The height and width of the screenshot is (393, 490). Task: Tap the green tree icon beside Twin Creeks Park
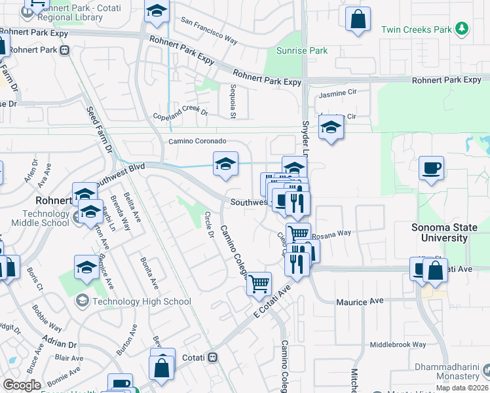[x=462, y=28]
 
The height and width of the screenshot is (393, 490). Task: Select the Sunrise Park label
[x=292, y=50]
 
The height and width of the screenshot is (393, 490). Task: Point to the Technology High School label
[x=141, y=302]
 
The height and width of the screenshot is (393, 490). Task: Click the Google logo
[x=22, y=385]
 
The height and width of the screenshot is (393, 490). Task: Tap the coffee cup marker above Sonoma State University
[x=431, y=169]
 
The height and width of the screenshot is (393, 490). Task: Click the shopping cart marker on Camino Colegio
[x=259, y=284]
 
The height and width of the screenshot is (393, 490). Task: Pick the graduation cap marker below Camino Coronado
[x=225, y=164]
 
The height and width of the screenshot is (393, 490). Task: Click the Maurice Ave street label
[x=360, y=302]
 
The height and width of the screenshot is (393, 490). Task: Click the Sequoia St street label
[x=232, y=102]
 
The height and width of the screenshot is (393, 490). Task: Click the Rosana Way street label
[x=331, y=233]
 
